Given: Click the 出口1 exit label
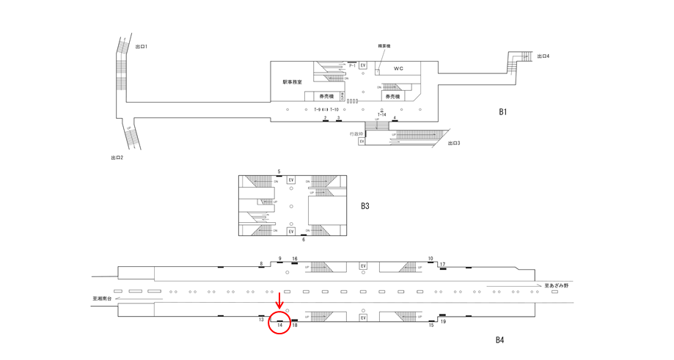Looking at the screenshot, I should [x=142, y=47].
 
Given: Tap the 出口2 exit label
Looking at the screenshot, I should [x=117, y=158].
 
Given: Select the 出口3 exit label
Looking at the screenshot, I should [x=455, y=143].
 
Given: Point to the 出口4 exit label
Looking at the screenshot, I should [x=543, y=56].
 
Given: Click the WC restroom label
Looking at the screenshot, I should [x=398, y=69].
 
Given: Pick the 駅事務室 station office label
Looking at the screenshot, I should [x=293, y=82].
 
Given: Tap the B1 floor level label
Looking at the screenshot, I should [x=503, y=112].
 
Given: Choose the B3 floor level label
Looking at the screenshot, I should [x=365, y=206].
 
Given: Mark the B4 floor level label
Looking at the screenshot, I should [x=499, y=339].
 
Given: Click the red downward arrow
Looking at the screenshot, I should [x=279, y=301].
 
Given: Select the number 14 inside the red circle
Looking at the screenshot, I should [x=280, y=324].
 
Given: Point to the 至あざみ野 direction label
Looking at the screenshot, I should [x=557, y=285].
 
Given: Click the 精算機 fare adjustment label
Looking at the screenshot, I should [x=384, y=46].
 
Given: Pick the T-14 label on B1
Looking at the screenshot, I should [x=382, y=115].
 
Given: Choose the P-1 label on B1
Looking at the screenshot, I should [x=352, y=66].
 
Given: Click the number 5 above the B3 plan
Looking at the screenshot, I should [x=279, y=172].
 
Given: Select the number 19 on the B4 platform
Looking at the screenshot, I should [x=443, y=322].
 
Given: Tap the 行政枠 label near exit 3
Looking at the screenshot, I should [x=357, y=133].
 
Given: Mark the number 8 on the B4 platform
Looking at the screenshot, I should [x=260, y=263].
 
